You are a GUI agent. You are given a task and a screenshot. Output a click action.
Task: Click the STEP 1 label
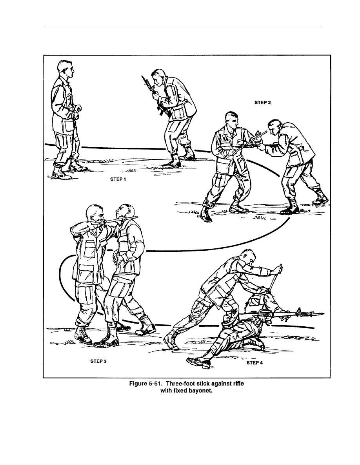click(x=118, y=179)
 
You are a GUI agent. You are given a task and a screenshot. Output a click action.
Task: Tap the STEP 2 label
click(x=263, y=103)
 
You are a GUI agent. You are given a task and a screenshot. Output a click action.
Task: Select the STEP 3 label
click(x=98, y=361)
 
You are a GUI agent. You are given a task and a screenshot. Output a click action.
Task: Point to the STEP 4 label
click(x=255, y=363)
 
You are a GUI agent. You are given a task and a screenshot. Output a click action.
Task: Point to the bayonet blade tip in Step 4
click(x=324, y=313)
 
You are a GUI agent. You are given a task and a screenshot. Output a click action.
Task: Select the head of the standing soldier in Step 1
click(x=65, y=70)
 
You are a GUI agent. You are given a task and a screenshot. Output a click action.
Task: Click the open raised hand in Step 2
click(x=259, y=135)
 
